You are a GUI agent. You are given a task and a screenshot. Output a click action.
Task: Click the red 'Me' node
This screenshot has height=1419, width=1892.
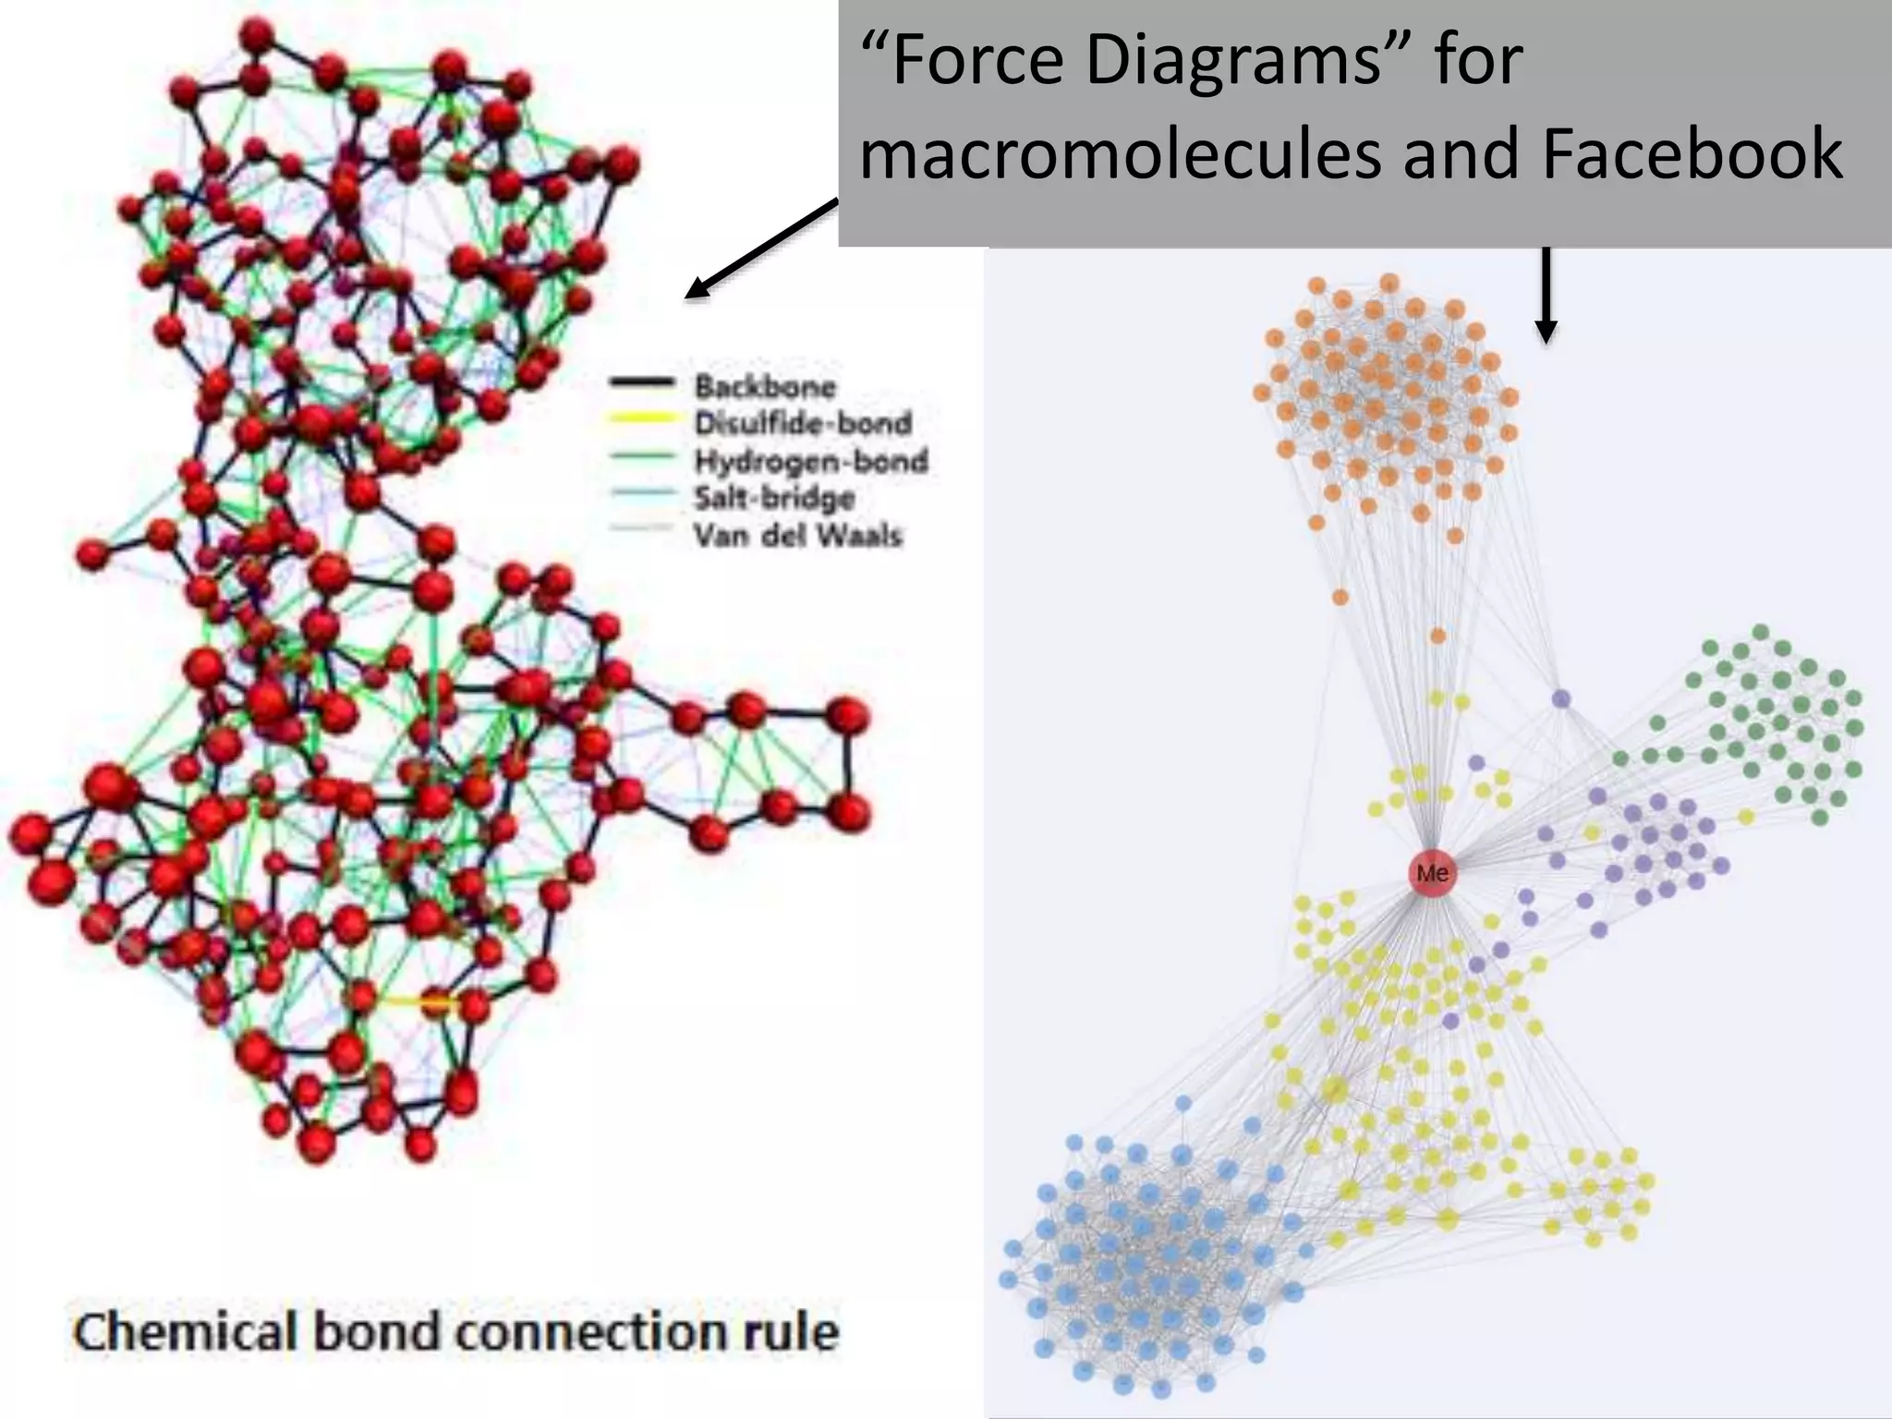(1432, 873)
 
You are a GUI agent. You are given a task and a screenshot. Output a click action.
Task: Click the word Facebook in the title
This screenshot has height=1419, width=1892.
(1692, 153)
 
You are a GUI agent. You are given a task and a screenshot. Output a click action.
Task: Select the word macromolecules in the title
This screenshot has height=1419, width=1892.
(1122, 153)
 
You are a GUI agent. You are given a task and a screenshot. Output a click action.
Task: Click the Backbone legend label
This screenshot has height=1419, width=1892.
(765, 386)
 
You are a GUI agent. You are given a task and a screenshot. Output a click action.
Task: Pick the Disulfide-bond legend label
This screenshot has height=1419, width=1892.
(803, 423)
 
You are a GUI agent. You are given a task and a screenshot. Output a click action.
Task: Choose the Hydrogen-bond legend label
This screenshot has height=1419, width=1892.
(810, 460)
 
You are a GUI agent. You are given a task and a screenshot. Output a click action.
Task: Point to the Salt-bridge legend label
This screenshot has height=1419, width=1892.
(774, 498)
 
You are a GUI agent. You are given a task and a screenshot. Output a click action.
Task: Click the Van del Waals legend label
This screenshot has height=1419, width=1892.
(797, 535)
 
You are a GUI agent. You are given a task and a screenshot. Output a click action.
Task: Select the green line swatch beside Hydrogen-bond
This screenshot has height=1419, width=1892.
(641, 455)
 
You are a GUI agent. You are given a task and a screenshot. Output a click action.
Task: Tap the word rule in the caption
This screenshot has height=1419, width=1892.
(795, 1333)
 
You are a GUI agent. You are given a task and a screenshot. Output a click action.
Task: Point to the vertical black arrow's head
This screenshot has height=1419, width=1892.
(1546, 332)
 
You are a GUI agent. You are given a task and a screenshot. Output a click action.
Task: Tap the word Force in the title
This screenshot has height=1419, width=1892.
(964, 61)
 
